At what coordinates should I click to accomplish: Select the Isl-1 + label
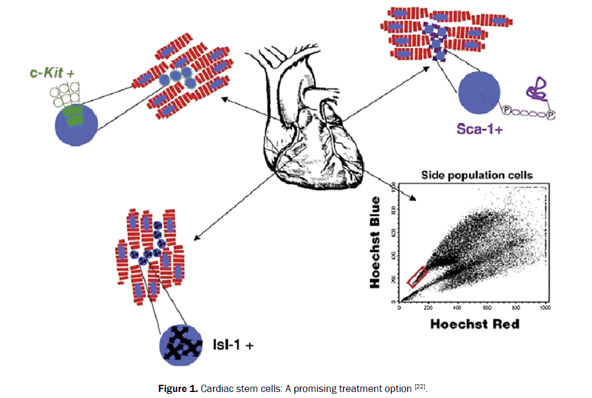pos(231,345)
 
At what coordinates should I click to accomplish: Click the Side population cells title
pos(477,176)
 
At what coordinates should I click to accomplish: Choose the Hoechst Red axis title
pos(473,324)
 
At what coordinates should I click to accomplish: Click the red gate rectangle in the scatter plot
pos(417,276)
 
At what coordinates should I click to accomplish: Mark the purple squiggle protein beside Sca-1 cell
pos(534,92)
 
